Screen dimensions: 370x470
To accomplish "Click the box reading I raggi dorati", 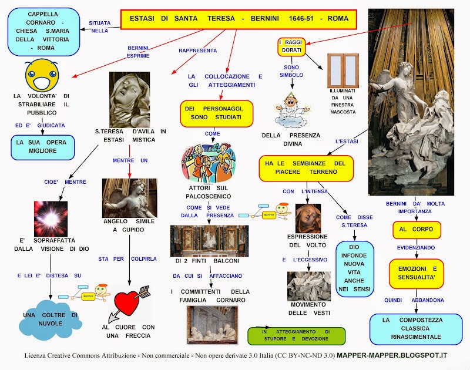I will click(x=291, y=46).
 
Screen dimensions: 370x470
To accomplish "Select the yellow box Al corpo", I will click(x=416, y=230).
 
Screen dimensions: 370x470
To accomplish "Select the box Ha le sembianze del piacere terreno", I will click(x=306, y=167).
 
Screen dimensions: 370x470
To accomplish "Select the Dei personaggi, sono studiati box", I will click(x=216, y=113).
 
